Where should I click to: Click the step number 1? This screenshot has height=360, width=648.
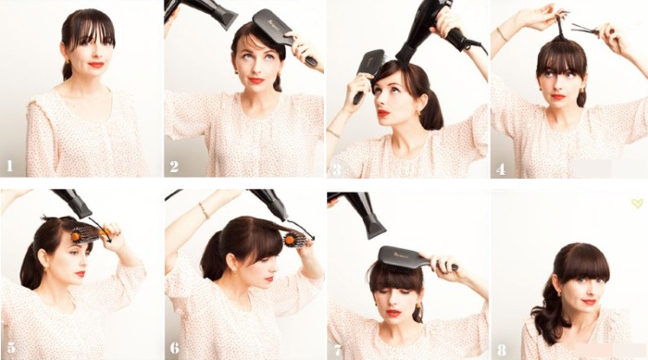[10, 167]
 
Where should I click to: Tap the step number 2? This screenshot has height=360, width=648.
[173, 167]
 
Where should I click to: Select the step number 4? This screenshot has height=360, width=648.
[501, 168]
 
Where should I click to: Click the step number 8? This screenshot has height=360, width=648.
[501, 350]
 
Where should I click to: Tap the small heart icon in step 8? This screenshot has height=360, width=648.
[636, 203]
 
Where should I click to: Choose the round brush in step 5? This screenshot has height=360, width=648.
[85, 234]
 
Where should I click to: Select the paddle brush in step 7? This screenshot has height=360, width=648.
[407, 258]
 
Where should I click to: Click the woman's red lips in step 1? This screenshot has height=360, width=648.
[95, 64]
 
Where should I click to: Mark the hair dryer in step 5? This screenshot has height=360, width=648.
[74, 204]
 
